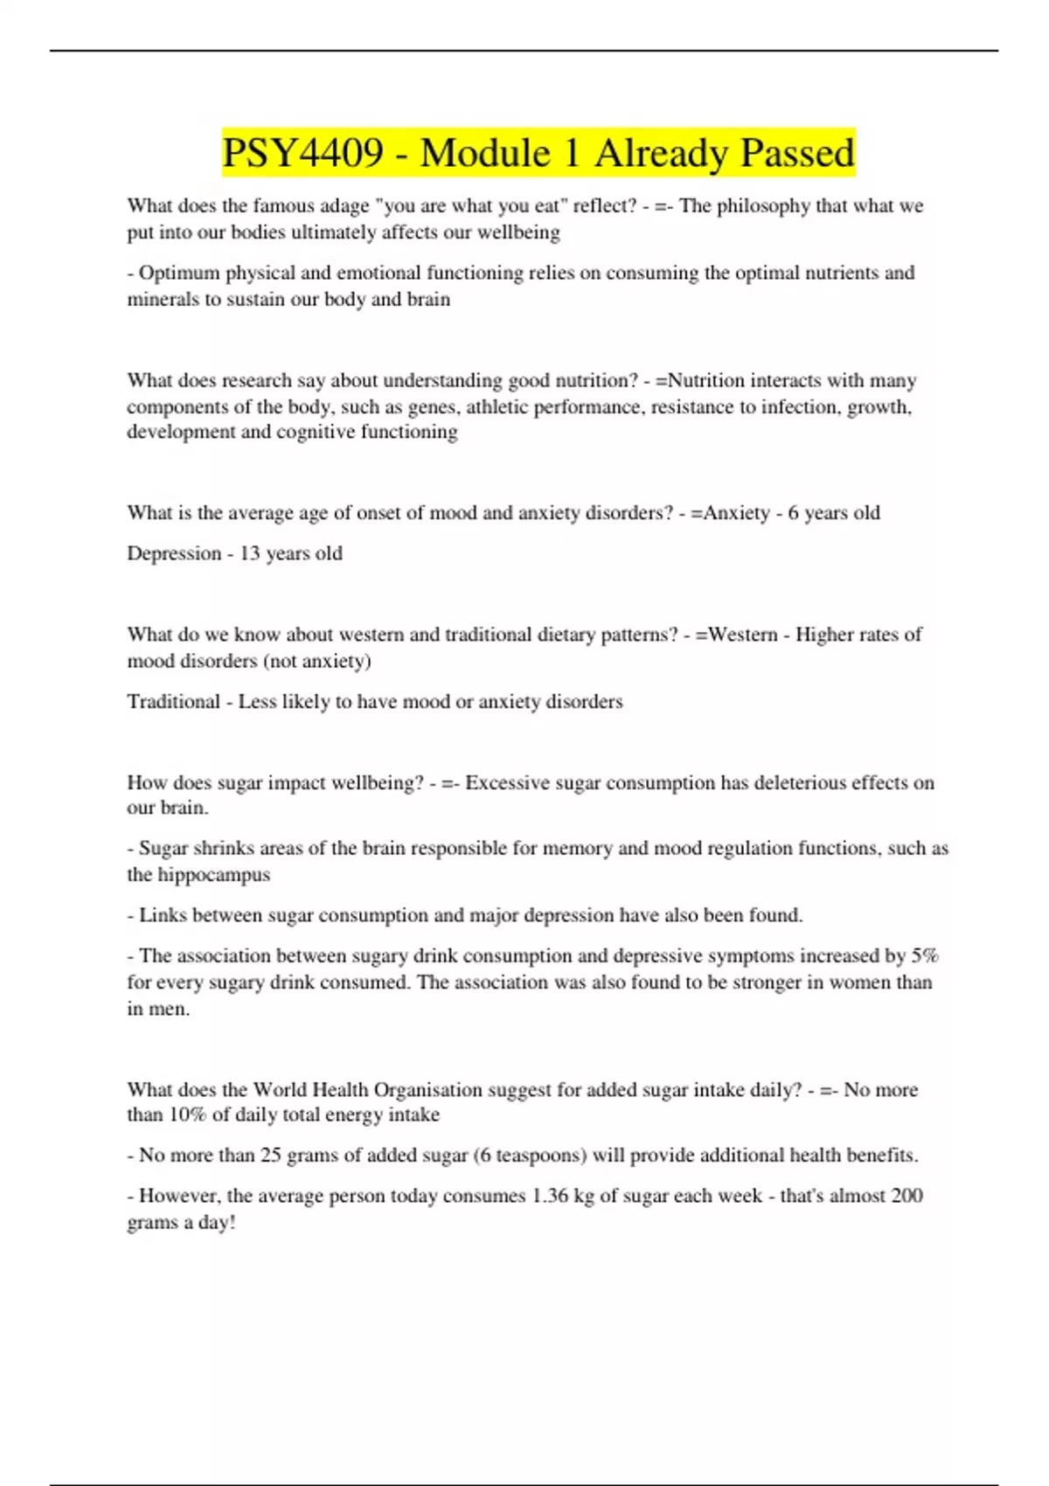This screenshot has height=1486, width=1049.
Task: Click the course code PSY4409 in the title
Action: (x=302, y=153)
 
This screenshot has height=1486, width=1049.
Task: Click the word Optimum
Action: (x=179, y=273)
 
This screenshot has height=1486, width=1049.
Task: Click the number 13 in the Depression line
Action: (x=249, y=553)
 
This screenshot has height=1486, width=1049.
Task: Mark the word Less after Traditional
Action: (x=258, y=702)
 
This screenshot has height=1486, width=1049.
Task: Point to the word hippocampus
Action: (x=213, y=875)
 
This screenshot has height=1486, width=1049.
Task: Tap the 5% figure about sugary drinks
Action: (x=925, y=956)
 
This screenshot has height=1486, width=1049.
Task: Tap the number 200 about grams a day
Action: (x=907, y=1196)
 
